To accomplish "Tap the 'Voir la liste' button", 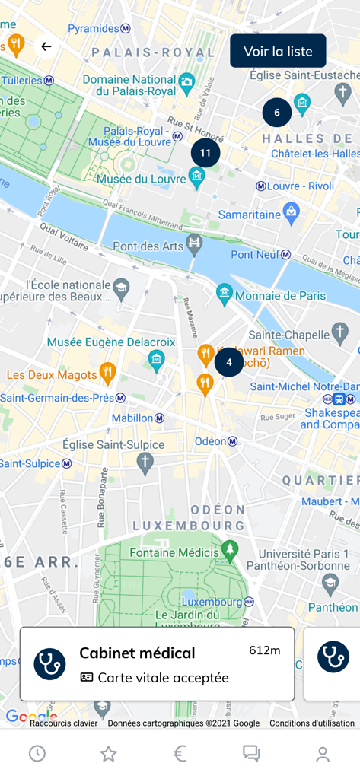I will coord(278,51).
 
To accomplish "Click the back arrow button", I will coord(46,46).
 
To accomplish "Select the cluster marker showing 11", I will coord(205,153).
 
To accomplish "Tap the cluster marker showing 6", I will coord(277,113).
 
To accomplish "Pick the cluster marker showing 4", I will coord(229,362).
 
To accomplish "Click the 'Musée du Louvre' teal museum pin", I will coord(197,178).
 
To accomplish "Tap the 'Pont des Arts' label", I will coord(148,246).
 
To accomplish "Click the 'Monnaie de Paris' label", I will coord(280,295).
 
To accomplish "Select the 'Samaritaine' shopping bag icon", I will coord(291,213).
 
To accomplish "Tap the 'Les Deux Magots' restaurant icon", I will coord(107,374).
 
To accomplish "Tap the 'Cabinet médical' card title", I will coord(137,653).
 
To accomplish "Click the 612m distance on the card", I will coord(264,650).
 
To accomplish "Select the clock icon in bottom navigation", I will coord(37,753).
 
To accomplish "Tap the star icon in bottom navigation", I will coord(109,753).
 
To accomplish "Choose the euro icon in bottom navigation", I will coord(180,753).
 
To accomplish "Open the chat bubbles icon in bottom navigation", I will coord(251,753).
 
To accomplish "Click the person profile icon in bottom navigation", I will coord(323,753).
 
